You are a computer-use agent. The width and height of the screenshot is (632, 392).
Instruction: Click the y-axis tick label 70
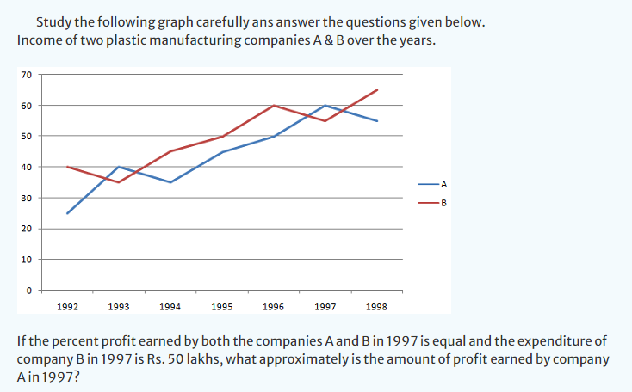point(28,75)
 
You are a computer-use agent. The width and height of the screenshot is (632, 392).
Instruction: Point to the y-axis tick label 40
point(28,167)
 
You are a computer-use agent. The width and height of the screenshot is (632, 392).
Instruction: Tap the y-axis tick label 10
point(28,260)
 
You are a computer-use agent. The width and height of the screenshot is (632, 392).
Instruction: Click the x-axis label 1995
point(221,306)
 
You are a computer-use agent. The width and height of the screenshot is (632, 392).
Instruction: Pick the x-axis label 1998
point(376,306)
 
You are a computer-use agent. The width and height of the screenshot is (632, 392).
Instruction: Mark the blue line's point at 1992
point(67,213)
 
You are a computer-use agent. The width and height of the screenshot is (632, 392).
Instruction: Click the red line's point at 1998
point(377,89)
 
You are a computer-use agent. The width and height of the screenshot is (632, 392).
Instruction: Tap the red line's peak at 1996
point(274,106)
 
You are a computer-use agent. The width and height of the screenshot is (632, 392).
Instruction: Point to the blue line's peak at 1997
point(325,105)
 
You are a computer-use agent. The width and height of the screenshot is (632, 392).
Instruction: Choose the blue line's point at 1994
point(170,182)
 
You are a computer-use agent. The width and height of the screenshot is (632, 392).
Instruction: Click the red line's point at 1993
point(119,182)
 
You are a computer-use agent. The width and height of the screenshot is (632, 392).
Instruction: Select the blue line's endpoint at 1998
point(377,121)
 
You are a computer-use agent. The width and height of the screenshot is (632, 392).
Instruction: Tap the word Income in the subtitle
point(40,40)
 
